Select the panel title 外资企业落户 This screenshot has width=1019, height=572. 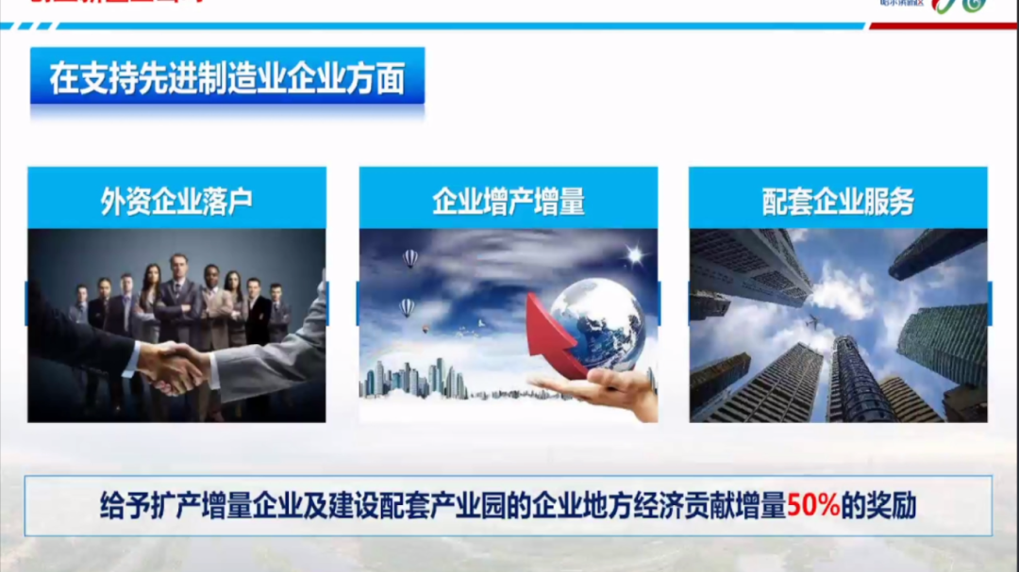point(176,201)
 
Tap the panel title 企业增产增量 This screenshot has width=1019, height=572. point(509,201)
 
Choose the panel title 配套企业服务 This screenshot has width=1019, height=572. point(838,201)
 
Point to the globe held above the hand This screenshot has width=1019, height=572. point(596,323)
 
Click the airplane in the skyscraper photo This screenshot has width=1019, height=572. point(810,323)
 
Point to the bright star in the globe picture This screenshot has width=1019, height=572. point(634,255)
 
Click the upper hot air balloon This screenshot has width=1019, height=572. point(410,257)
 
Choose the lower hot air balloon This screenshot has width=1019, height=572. point(407,306)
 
